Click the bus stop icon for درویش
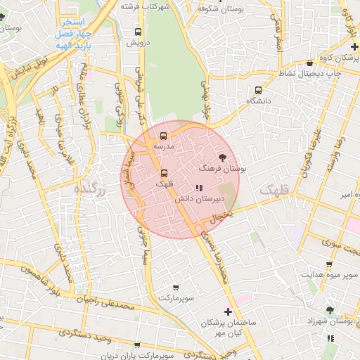tap(138, 32)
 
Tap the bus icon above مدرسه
tap(163, 136)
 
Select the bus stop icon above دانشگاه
tap(258, 90)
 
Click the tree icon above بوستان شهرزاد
tap(329, 309)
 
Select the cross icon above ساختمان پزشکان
tap(228, 311)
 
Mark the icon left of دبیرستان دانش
tap(199, 188)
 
